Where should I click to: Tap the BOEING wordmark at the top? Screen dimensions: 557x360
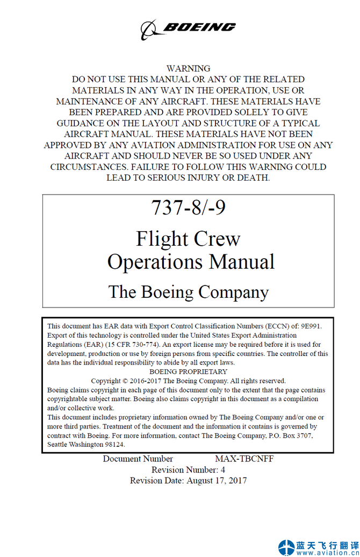click(x=199, y=27)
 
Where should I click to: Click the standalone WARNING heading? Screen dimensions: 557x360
click(x=188, y=69)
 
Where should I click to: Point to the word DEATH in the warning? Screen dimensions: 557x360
click(x=251, y=178)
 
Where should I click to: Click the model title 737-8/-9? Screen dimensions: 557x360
click(x=188, y=208)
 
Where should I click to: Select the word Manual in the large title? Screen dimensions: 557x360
click(x=242, y=262)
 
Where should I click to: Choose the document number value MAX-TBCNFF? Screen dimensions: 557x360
click(x=244, y=459)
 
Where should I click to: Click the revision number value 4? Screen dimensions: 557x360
click(x=223, y=470)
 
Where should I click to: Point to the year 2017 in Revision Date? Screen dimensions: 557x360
click(x=237, y=481)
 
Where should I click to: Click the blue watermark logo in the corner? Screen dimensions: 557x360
click(x=286, y=547)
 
